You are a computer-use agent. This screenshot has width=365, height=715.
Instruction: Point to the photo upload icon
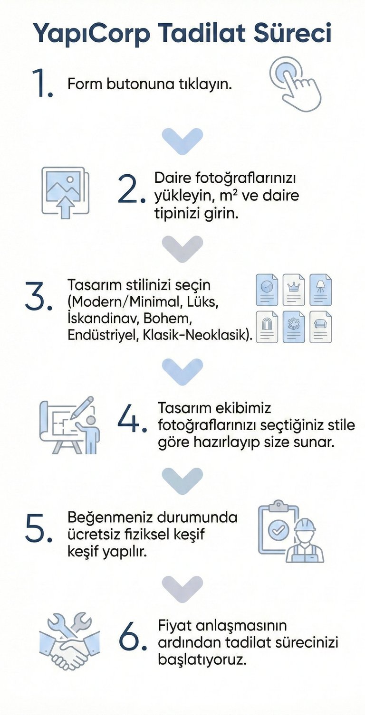pos(66,192)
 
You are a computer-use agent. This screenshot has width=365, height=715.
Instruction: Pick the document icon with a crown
pos(294,290)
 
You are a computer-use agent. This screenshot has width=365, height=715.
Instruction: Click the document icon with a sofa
pos(321,327)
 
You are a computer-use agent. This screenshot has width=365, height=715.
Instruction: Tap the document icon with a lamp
pos(321,290)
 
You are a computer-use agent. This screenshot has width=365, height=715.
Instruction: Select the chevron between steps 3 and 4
pos(182,371)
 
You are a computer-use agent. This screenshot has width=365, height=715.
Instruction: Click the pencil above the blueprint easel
pos(83,408)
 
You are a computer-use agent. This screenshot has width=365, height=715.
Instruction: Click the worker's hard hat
pos(305,525)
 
